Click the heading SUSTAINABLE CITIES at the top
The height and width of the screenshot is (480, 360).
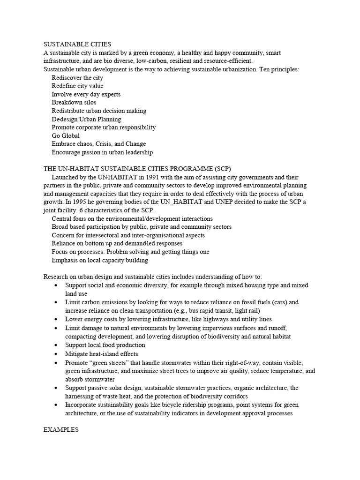(x=77, y=44)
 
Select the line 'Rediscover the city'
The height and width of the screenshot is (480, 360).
(x=77, y=78)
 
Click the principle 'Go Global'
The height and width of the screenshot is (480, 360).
(x=66, y=135)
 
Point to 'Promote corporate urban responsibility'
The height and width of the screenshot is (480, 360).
(x=104, y=127)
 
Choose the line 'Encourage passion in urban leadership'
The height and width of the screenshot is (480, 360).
(x=102, y=152)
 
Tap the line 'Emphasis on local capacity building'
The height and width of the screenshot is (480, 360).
(x=100, y=260)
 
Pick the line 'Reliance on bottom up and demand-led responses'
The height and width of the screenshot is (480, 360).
(x=117, y=243)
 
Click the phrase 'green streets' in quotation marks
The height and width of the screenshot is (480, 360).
(x=111, y=363)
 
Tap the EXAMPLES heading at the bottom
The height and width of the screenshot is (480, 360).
(x=61, y=429)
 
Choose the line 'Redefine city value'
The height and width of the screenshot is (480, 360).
(x=78, y=86)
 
